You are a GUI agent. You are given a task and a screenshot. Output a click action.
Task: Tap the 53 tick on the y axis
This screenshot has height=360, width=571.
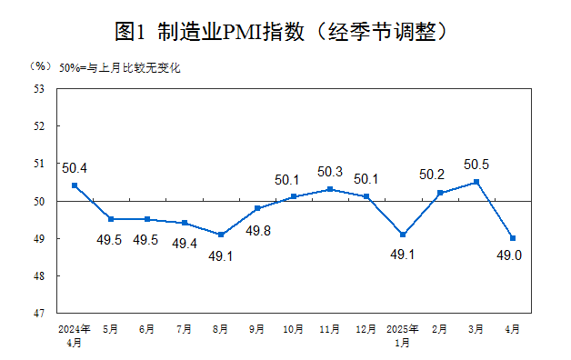point(39,88)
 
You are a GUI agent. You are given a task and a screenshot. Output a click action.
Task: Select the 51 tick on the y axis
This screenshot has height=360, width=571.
point(39,164)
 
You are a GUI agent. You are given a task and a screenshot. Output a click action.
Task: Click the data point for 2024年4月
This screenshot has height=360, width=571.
point(74,185)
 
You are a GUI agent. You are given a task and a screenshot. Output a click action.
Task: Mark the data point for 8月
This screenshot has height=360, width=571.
point(221,235)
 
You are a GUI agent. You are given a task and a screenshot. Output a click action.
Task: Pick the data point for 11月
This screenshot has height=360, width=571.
point(330,189)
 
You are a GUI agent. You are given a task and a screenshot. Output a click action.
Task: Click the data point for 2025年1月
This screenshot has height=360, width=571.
point(403,235)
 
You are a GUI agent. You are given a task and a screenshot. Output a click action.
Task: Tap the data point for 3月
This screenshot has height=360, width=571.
point(476,182)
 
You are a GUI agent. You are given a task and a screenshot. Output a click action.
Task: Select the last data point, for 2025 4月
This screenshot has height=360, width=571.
point(513,238)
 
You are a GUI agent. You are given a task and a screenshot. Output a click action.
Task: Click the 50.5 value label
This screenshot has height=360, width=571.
point(476,165)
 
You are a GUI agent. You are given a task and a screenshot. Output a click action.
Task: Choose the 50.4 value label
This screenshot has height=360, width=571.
point(75,168)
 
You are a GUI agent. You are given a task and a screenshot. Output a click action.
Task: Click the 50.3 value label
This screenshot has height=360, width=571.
point(330,172)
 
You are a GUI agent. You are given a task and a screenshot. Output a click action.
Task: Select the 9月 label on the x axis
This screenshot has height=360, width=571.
point(257,329)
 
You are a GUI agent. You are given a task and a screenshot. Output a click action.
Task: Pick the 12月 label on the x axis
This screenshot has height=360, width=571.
point(366,329)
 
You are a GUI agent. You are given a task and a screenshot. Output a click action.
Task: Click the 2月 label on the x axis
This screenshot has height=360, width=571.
point(440,329)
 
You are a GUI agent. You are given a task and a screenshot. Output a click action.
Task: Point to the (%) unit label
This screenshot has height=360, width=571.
point(38,66)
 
